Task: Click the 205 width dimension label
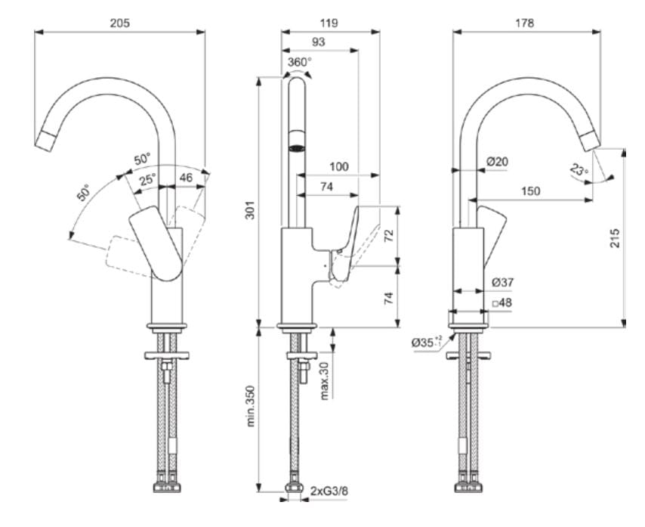[x=120, y=23]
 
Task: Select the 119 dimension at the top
[x=329, y=23]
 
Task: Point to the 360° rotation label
[x=300, y=61]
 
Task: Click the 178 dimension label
[x=523, y=23]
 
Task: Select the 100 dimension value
[x=338, y=165]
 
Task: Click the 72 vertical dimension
[x=389, y=236]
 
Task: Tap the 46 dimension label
[x=185, y=178]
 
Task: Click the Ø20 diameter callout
[x=497, y=161]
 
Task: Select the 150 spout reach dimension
[x=531, y=191]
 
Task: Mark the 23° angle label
[x=579, y=170]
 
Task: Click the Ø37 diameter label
[x=503, y=281]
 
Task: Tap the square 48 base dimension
[x=501, y=302]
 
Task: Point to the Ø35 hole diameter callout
[x=427, y=343]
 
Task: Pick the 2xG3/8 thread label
[x=329, y=491]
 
